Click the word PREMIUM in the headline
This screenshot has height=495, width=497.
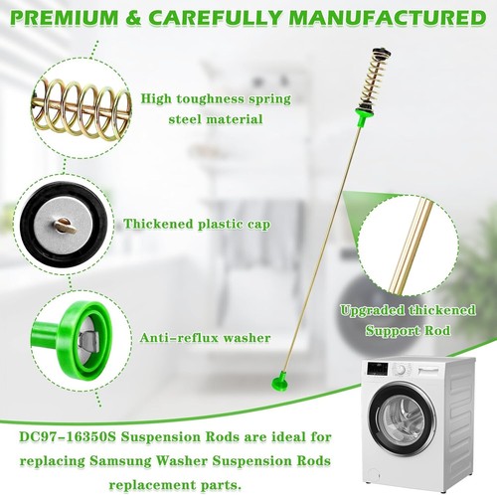[x=66, y=18]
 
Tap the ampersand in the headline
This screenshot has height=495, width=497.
[x=133, y=18]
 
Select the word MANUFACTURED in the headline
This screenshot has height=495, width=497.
[x=388, y=18]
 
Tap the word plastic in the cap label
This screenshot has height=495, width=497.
[x=221, y=225]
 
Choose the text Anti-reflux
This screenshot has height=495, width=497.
[x=178, y=338]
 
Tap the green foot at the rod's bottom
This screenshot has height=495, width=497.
[x=280, y=382]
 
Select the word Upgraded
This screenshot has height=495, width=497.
[x=373, y=311]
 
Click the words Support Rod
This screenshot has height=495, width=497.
[x=408, y=331]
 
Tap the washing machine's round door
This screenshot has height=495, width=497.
[x=402, y=416]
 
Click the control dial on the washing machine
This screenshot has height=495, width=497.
[x=401, y=370]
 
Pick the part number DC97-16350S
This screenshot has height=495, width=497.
[x=68, y=437]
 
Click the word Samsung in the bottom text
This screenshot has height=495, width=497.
[x=120, y=461]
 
